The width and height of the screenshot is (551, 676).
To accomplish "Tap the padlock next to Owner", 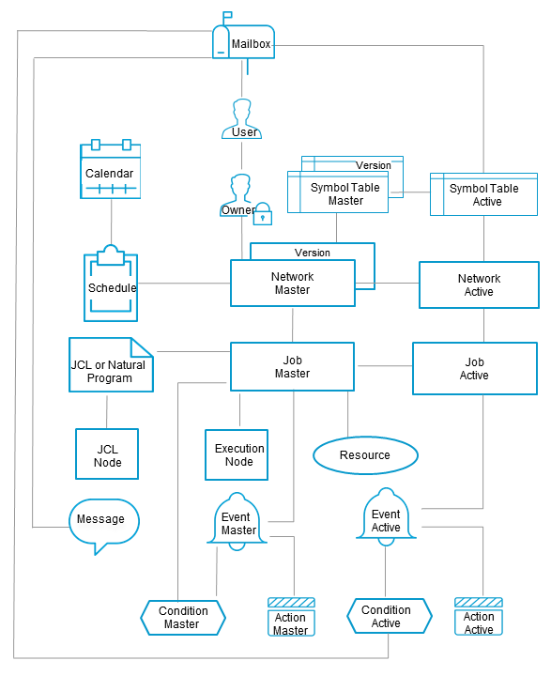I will tap(264, 214).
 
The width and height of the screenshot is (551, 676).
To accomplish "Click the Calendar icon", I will tap(110, 171).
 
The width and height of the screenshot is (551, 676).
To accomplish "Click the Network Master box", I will tap(292, 283).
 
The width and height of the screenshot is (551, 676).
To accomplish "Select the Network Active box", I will tap(479, 284).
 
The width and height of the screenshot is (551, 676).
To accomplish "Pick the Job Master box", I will tap(292, 366).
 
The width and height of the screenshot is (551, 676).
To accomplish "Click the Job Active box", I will tap(474, 368).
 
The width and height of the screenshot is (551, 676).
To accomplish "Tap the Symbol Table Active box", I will tap(483, 194).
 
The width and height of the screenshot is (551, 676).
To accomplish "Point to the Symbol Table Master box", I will tap(344, 193).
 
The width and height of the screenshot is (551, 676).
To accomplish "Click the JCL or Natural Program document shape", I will tap(110, 364).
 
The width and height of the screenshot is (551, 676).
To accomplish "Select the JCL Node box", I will tap(107, 455).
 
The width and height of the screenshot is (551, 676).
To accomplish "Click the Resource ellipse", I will tap(364, 455).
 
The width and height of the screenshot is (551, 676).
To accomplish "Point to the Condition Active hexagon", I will tap(389, 616).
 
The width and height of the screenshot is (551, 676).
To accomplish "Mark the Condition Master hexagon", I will tap(182, 618).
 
